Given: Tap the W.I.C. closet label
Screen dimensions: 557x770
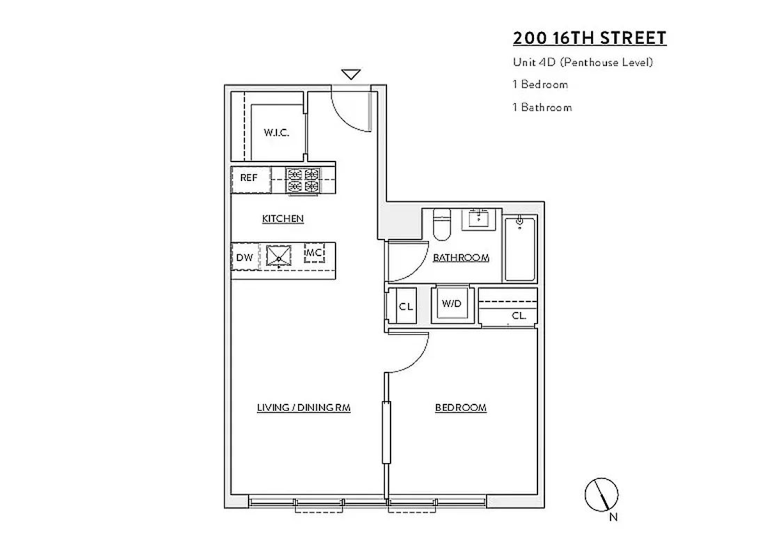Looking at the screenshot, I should pyautogui.click(x=276, y=132).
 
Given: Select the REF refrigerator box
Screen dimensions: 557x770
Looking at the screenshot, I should pyautogui.click(x=249, y=178).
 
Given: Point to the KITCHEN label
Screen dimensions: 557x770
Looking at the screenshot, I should pyautogui.click(x=283, y=219).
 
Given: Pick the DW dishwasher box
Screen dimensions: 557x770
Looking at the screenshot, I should pyautogui.click(x=244, y=257).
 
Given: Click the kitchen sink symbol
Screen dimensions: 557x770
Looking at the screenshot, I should pyautogui.click(x=280, y=256).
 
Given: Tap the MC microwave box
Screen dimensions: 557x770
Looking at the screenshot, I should pyautogui.click(x=314, y=252).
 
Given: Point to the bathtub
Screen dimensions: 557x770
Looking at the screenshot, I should pyautogui.click(x=520, y=249).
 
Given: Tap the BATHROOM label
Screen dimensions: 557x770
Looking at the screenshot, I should pyautogui.click(x=461, y=258).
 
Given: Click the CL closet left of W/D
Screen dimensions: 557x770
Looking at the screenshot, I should pyautogui.click(x=405, y=306).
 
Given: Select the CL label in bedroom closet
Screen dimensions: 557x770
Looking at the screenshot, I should pyautogui.click(x=518, y=315).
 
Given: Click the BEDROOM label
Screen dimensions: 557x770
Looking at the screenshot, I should pyautogui.click(x=460, y=407).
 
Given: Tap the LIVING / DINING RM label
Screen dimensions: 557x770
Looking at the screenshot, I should pyautogui.click(x=303, y=407).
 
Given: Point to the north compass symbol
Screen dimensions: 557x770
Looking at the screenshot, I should pyautogui.click(x=601, y=495).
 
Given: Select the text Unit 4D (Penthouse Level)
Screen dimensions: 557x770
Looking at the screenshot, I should pyautogui.click(x=582, y=62).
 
